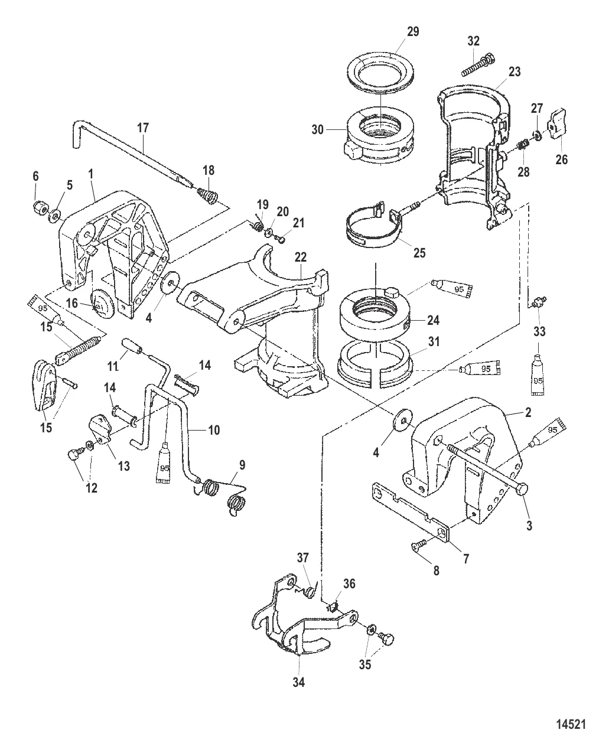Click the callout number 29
(x=413, y=31)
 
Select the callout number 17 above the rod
(x=143, y=128)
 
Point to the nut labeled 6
(x=40, y=207)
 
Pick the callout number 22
(x=300, y=256)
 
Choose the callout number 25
(x=419, y=253)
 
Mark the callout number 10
(x=214, y=430)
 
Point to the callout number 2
(x=528, y=412)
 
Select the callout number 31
(x=434, y=341)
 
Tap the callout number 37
(x=302, y=557)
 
